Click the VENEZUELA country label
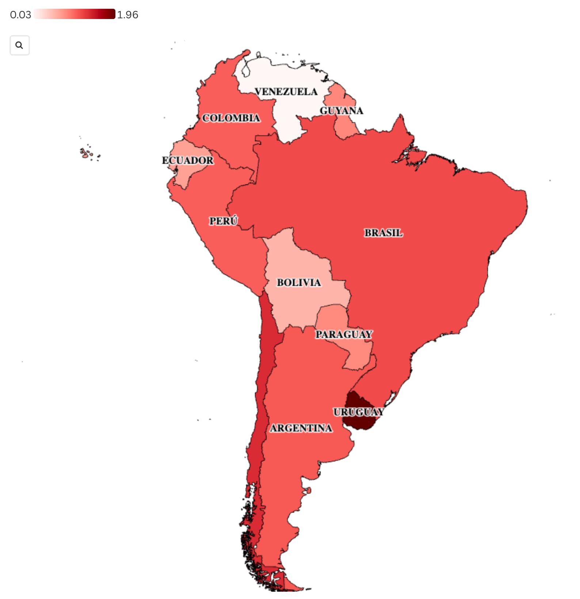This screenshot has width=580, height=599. pos(286,91)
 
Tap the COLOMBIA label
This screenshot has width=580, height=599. pos(231,118)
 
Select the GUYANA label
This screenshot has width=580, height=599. pos(341,110)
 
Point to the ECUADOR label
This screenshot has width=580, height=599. pos(188,160)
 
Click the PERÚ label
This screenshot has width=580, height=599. pos(223,221)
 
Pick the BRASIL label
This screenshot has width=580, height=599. pos(384,233)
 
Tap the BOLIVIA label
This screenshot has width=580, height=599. pos(299,282)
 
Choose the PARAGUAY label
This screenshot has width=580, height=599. pos(344,334)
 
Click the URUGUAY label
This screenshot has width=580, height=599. pos(359,412)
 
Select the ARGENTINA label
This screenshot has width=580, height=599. pos(301,428)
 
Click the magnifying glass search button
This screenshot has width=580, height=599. pos(19,45)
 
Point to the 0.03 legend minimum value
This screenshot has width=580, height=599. pos(20,15)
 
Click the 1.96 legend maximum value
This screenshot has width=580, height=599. pos(127,15)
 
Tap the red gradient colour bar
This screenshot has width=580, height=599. pos(75,14)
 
